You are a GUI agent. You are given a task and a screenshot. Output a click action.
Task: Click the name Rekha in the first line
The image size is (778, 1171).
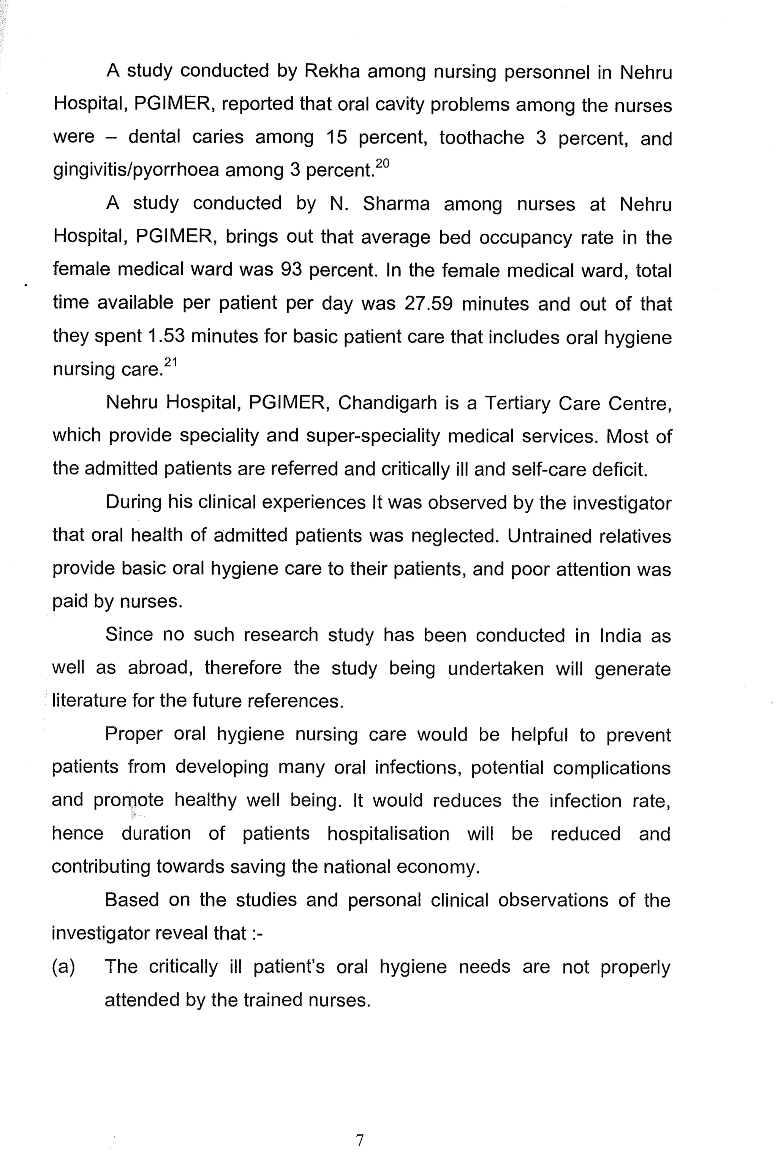[x=331, y=71]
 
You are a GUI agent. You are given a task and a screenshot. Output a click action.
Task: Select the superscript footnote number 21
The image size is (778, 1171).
[x=171, y=363]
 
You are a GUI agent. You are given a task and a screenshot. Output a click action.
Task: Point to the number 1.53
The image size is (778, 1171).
[x=167, y=336]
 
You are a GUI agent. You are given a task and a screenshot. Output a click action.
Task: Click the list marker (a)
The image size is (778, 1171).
[x=63, y=967]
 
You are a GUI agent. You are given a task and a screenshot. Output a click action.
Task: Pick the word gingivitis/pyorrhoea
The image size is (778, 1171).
[x=136, y=170]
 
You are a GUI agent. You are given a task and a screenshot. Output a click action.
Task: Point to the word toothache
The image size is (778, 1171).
[x=481, y=138]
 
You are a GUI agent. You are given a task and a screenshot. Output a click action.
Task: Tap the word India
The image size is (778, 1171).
[x=620, y=636]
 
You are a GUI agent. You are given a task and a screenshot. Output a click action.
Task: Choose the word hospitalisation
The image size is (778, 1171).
[x=388, y=834]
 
